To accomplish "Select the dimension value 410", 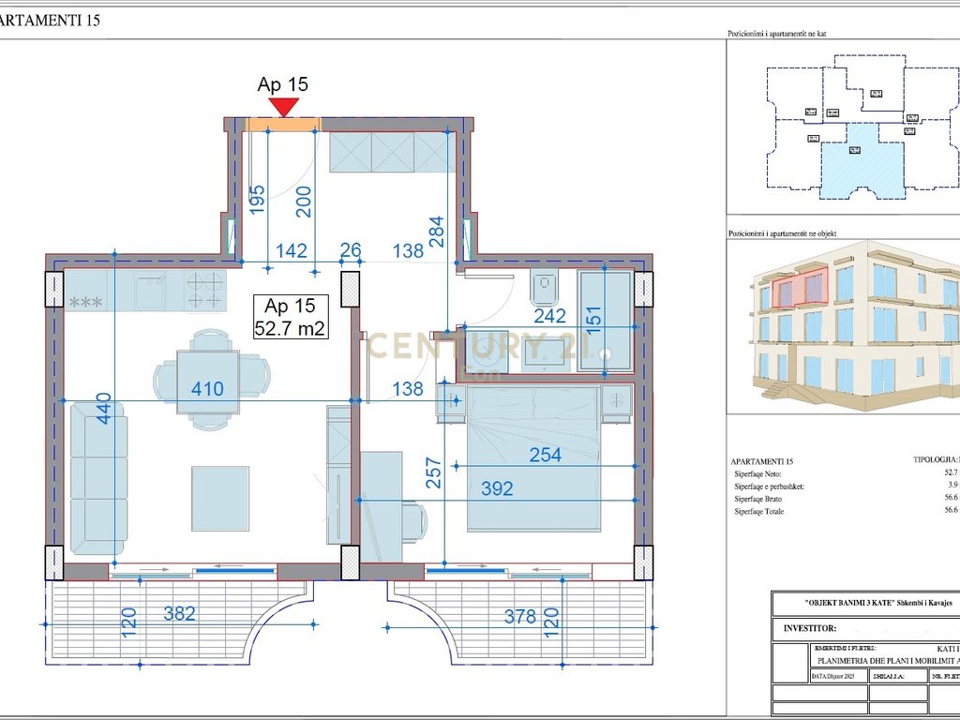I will coord(207,388).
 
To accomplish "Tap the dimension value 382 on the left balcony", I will coord(179,614).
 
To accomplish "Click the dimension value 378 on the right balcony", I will coord(520,617).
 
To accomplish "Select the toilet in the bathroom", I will coord(545,289).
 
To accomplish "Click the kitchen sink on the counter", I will coord(150,291).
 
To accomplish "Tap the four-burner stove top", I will coord(205,291).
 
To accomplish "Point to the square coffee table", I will coord(220,491).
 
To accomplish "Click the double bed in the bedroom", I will coord(532,459).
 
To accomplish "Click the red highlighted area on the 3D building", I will coord(802,289).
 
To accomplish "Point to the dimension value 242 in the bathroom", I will coord(549,317).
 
